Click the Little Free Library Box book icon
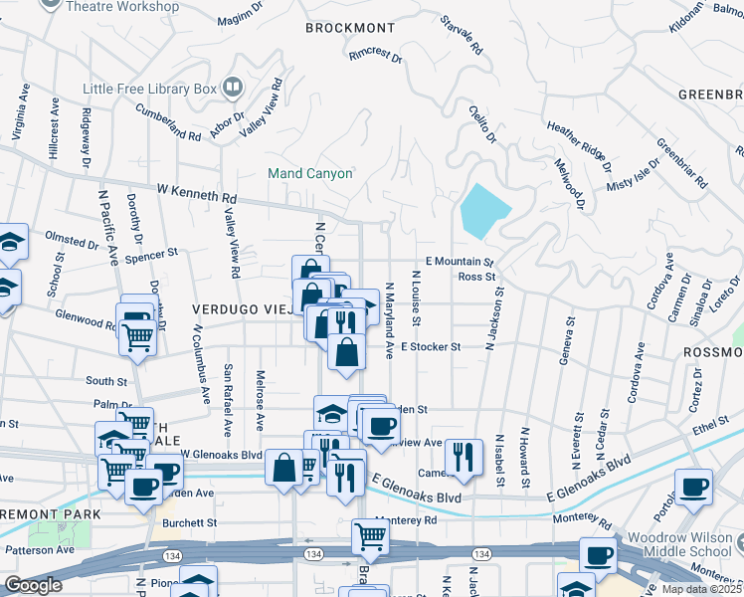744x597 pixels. coord(232,89)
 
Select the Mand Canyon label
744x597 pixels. coord(310,173)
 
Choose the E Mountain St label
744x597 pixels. coord(459,261)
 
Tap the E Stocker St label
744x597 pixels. coord(431,347)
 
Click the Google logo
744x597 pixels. coord(33,585)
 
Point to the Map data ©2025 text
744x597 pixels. coord(701,589)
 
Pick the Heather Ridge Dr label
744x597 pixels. coord(578,141)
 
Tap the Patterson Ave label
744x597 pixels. coord(41,549)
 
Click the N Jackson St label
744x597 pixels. coord(490,319)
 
